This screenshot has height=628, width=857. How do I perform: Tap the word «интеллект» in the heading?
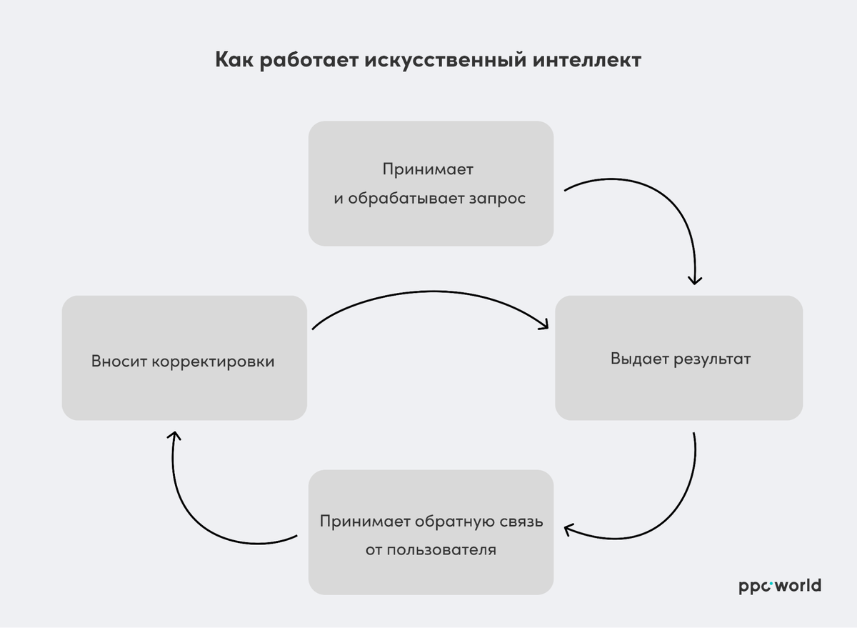coord(587,60)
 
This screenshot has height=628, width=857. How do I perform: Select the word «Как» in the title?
coord(234,60)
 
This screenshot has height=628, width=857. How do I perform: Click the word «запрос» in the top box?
coord(497,198)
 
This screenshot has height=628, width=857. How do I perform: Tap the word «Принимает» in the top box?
coord(428,170)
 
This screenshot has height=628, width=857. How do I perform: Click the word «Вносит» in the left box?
coord(118,362)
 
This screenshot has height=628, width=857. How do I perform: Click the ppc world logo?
coord(780,586)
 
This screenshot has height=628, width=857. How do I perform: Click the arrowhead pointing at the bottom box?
coord(568,529)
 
